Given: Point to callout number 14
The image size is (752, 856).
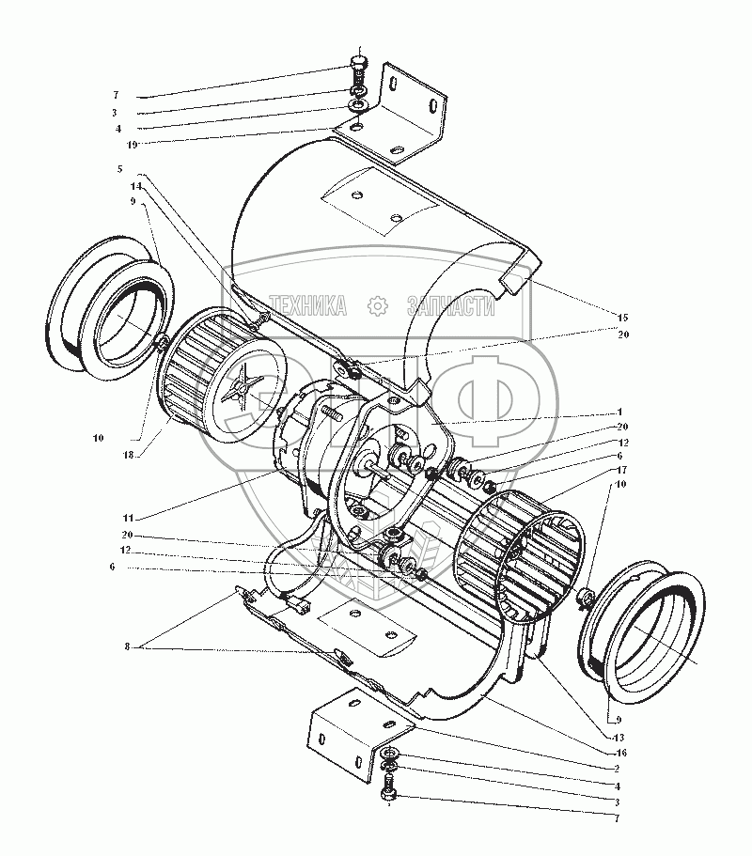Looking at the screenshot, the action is point(135,186).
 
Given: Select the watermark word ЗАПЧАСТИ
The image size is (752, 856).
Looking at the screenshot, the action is point(450,305).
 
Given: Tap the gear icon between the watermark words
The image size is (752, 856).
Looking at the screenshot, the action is point(377,305).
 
